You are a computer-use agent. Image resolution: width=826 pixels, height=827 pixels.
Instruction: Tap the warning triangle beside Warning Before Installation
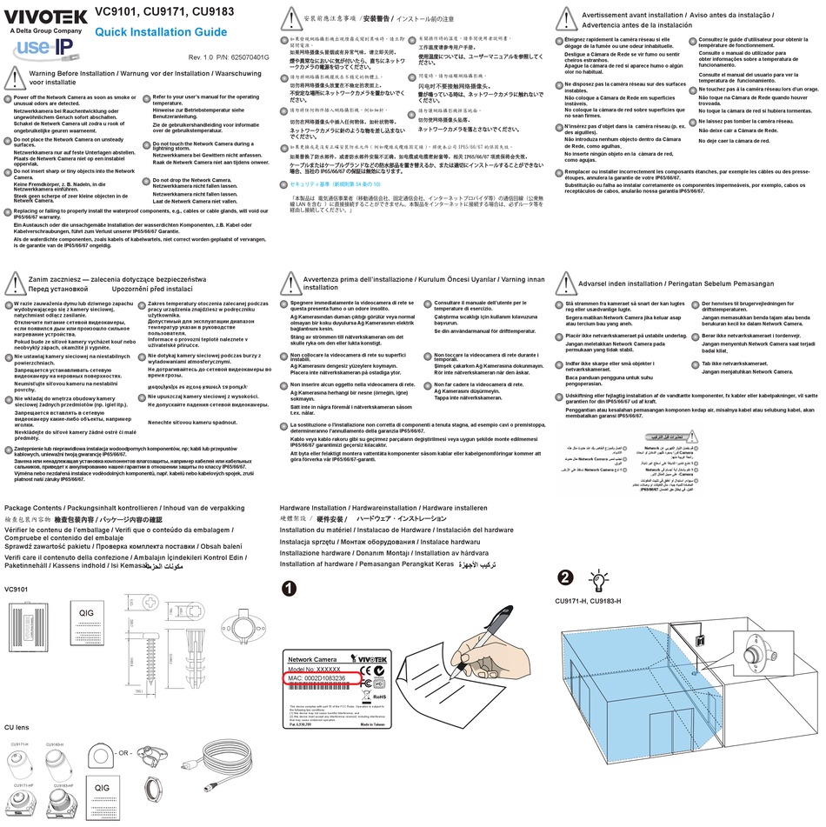pos(14,77)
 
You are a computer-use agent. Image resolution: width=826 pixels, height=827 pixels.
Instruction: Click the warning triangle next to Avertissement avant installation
pos(568,19)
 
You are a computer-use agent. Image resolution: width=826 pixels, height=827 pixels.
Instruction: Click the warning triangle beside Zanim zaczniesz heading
pos(14,280)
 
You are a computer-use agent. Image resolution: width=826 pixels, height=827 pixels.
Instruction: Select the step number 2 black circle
pos(565,577)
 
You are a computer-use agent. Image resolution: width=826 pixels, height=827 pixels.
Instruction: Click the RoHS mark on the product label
pos(380,697)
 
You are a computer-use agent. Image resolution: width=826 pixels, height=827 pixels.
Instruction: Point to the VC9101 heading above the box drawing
pos(17,590)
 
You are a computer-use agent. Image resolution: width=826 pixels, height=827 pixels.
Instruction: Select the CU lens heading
pos(18,726)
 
